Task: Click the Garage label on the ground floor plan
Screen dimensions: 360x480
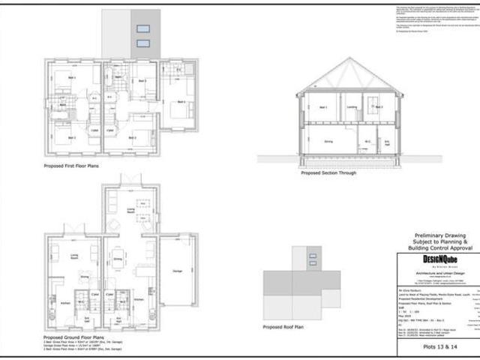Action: coord(177,270)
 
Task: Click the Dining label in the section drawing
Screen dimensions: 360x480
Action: coord(328,140)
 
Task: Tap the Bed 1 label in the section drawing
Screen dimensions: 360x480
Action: coord(324,107)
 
